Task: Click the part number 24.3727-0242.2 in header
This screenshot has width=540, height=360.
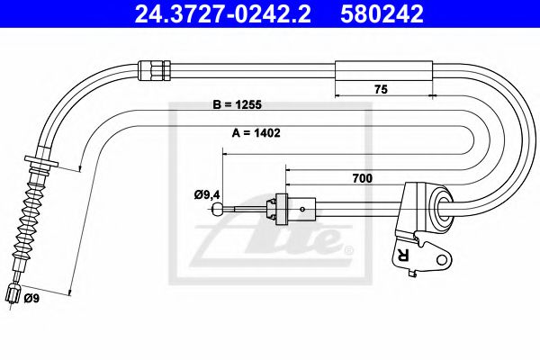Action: [x=222, y=13]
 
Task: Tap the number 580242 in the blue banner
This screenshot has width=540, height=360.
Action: [x=382, y=13]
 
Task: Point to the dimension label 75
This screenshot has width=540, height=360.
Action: [x=381, y=89]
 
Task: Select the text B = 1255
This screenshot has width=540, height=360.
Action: [x=238, y=104]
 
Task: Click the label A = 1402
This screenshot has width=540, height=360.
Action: [x=256, y=132]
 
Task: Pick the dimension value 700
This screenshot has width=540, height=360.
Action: [x=363, y=178]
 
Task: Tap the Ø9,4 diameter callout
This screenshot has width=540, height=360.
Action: [x=207, y=195]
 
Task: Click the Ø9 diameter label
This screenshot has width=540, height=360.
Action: [x=31, y=298]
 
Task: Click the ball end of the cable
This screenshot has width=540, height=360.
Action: [x=217, y=209]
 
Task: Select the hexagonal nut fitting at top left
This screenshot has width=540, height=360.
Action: [x=154, y=70]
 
